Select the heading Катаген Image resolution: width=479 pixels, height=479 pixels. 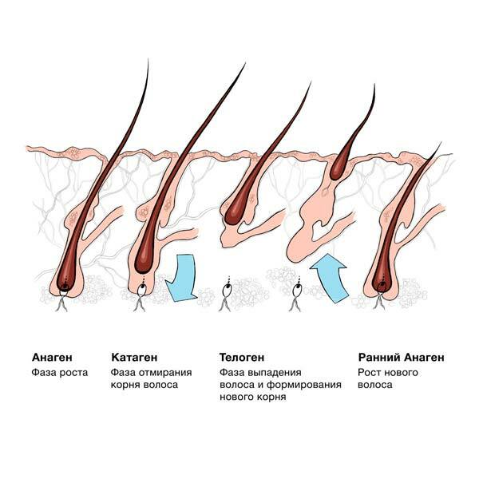pyautogui.click(x=134, y=357)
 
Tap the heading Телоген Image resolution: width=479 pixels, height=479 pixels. pyautogui.click(x=241, y=357)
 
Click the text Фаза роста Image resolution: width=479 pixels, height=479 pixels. pyautogui.click(x=59, y=372)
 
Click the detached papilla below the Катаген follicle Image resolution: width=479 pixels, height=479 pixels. pyautogui.click(x=143, y=288)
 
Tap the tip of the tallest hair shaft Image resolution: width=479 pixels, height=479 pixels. pyautogui.click(x=244, y=64)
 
